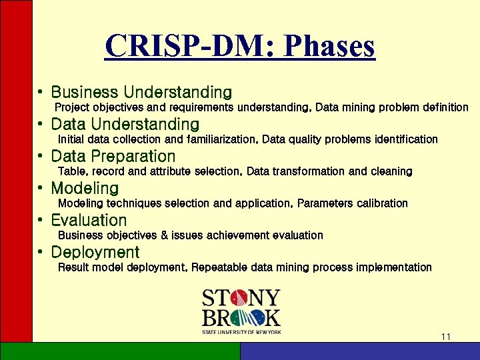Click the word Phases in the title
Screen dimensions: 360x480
point(329,47)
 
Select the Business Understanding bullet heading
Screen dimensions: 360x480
point(141,92)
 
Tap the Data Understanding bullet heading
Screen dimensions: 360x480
point(125,124)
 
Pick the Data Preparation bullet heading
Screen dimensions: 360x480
point(113,156)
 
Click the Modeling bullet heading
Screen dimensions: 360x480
point(85,188)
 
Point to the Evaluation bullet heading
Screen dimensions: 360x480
point(89,220)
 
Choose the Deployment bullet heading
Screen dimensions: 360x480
point(95,252)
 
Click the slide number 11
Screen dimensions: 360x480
point(446,337)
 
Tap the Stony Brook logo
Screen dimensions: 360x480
point(241,311)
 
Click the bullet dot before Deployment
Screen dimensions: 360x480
point(41,252)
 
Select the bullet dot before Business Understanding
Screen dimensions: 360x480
point(41,92)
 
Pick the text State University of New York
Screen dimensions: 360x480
point(241,331)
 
